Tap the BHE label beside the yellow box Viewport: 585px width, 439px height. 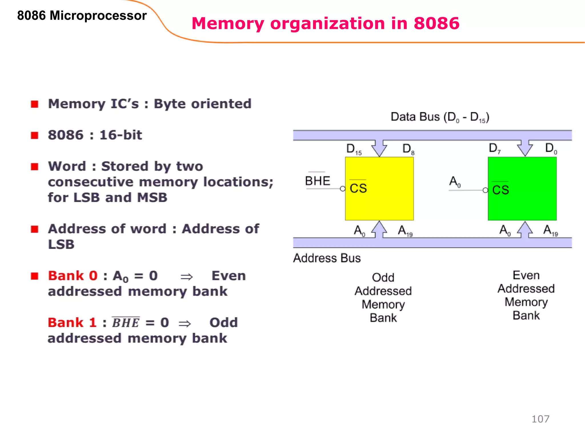pyautogui.click(x=317, y=181)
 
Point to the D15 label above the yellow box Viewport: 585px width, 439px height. pyautogui.click(x=354, y=149)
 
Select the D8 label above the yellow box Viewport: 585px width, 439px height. pyautogui.click(x=408, y=149)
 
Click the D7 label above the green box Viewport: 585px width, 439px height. pyautogui.click(x=494, y=148)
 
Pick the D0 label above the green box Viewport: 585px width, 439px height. pyautogui.click(x=551, y=148)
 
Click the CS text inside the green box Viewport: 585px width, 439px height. pyautogui.click(x=500, y=190)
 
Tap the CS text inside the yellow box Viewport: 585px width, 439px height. pyautogui.click(x=358, y=188)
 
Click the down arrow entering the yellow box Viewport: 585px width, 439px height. pyautogui.click(x=379, y=148)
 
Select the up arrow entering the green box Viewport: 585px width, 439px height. pyautogui.click(x=525, y=230)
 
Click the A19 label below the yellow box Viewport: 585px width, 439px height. pyautogui.click(x=405, y=231)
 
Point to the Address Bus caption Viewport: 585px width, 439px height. pyautogui.click(x=327, y=258)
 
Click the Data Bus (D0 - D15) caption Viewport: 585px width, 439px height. pyautogui.click(x=440, y=117)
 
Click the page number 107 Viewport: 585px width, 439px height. pyautogui.click(x=540, y=419)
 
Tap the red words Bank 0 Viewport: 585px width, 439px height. pyautogui.click(x=73, y=276)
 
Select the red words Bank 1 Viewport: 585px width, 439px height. pyautogui.click(x=72, y=323)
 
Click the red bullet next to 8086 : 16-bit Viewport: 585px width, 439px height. pyautogui.click(x=35, y=135)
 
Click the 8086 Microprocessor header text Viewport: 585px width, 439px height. pyautogui.click(x=82, y=15)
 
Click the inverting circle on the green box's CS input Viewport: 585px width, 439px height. pyautogui.click(x=485, y=190)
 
